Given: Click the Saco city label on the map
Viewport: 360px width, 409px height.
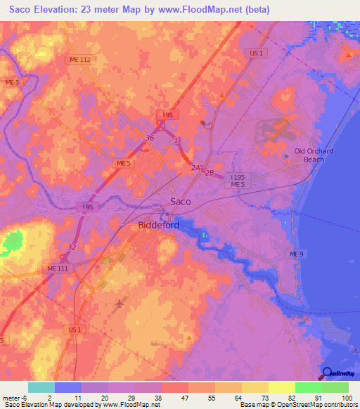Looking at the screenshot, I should coord(181,202).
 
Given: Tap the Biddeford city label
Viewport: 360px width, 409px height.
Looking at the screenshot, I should coord(154,226).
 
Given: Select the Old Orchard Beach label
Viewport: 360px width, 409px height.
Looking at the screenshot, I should coord(314,155).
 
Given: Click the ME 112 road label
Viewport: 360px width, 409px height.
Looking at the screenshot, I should coord(80,60).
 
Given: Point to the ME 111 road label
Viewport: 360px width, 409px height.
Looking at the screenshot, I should coord(58,269).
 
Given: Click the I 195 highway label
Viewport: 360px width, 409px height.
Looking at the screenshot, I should coord(237,177).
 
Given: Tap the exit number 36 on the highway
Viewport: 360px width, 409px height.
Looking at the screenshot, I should coord(149,138).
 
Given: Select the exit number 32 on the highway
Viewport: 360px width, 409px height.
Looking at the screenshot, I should coord(72,247).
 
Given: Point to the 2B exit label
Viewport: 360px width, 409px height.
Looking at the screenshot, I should coord(210,172).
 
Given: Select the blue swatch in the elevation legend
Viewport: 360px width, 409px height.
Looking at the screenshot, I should coord(68,387).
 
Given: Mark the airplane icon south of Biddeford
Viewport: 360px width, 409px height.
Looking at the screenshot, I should coord(119,304).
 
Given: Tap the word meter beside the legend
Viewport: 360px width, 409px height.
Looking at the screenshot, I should coord(12,397).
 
